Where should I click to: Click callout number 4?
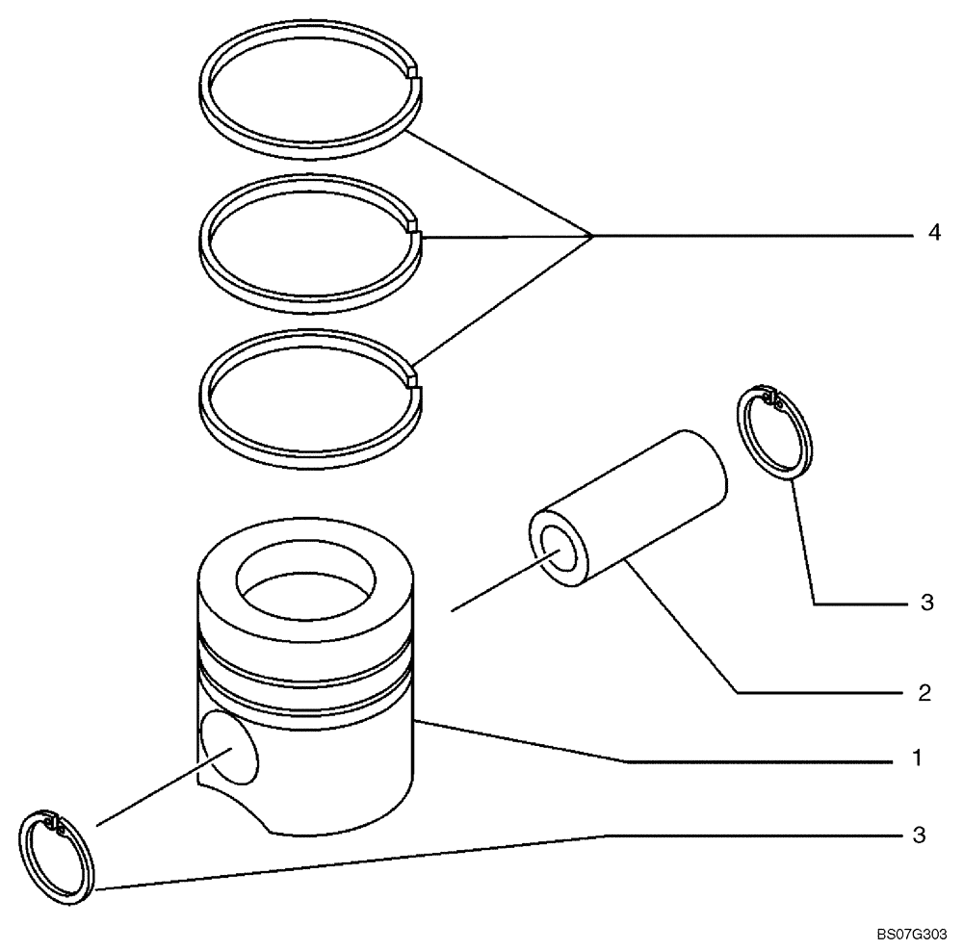(x=933, y=234)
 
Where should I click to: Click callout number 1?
(x=919, y=758)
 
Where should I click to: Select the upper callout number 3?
(x=926, y=604)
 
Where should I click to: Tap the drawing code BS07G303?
(x=913, y=934)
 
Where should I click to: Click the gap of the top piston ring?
(x=414, y=72)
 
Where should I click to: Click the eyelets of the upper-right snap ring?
(x=768, y=396)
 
